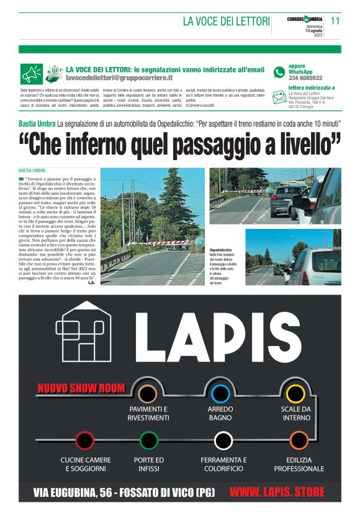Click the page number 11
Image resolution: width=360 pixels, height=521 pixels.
click(336, 20)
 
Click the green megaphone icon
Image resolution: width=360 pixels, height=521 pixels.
click(31, 74)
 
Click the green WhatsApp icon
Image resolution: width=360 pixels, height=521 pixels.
click(279, 72)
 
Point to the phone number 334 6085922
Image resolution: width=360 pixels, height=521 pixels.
click(305, 78)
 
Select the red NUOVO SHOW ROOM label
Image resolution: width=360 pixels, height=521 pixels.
click(81, 389)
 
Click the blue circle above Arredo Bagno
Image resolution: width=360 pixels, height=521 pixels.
click(220, 393)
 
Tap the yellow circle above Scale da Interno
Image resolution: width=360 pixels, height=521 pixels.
click(295, 393)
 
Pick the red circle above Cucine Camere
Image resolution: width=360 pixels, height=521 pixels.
click(84, 440)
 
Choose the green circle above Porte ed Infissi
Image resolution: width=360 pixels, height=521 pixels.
click(149, 440)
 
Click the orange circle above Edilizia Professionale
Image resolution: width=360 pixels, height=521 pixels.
click(299, 440)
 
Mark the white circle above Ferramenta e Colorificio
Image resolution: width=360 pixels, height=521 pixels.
click(223, 440)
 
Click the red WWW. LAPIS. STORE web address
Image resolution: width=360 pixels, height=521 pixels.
click(277, 492)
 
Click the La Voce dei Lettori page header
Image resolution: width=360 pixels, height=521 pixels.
click(226, 22)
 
